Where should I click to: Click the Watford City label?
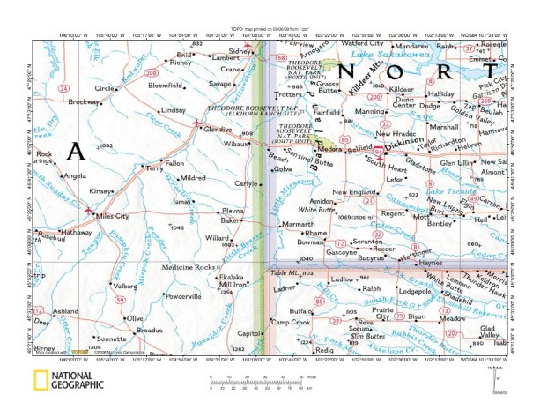(x=359, y=42)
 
